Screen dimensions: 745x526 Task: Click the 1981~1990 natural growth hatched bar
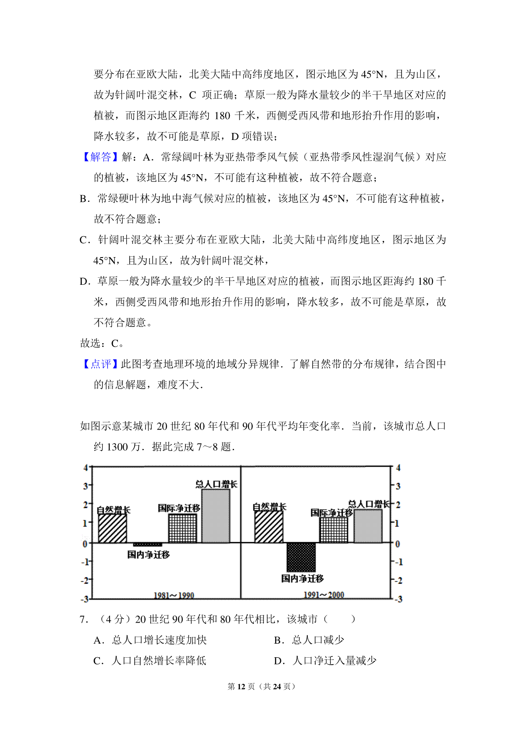point(113,528)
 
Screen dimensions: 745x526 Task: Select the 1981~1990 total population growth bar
point(216,516)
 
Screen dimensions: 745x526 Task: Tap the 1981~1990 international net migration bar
point(182,528)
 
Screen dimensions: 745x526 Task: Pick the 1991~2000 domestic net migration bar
point(301,557)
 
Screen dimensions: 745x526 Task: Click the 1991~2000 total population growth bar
point(368,526)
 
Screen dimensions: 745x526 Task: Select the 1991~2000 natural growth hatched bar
point(269,527)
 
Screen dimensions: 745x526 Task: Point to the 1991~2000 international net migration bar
point(334,530)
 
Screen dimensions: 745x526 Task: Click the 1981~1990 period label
point(174,595)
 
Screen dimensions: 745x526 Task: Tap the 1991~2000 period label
point(324,595)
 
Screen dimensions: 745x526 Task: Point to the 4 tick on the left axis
point(85,468)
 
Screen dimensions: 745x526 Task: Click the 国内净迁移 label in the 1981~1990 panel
point(149,555)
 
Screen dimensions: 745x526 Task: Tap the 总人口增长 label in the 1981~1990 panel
point(216,484)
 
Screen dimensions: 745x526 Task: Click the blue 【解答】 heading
point(100,157)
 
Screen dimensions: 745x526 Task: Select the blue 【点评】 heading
point(100,364)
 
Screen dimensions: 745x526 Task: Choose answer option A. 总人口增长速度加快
point(150,640)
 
